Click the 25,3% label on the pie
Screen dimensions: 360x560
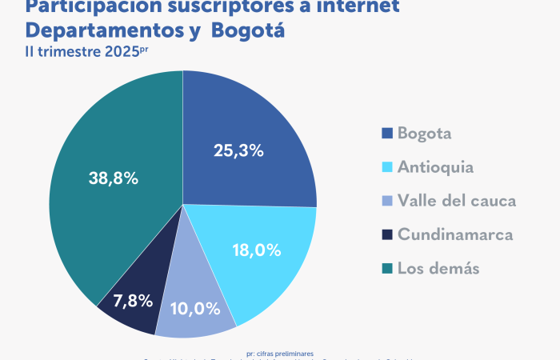coord(238,150)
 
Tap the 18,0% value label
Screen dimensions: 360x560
coord(256,250)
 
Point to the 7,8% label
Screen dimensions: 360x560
coord(132,302)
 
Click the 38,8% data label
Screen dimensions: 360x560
coord(113,178)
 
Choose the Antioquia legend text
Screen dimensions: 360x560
coord(435,167)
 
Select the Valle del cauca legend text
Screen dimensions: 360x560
coord(457,201)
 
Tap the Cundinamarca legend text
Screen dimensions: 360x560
coord(455,234)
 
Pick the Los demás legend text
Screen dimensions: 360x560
coord(438,268)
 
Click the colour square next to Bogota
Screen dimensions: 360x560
coord(388,134)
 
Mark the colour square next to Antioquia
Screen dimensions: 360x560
coord(388,167)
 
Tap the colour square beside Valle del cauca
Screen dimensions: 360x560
coord(388,201)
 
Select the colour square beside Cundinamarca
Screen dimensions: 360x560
coord(388,234)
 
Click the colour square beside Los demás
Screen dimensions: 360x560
coord(388,268)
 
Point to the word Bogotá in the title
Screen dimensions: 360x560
coord(247,31)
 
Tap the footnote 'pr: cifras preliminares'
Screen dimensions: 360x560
coord(280,353)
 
